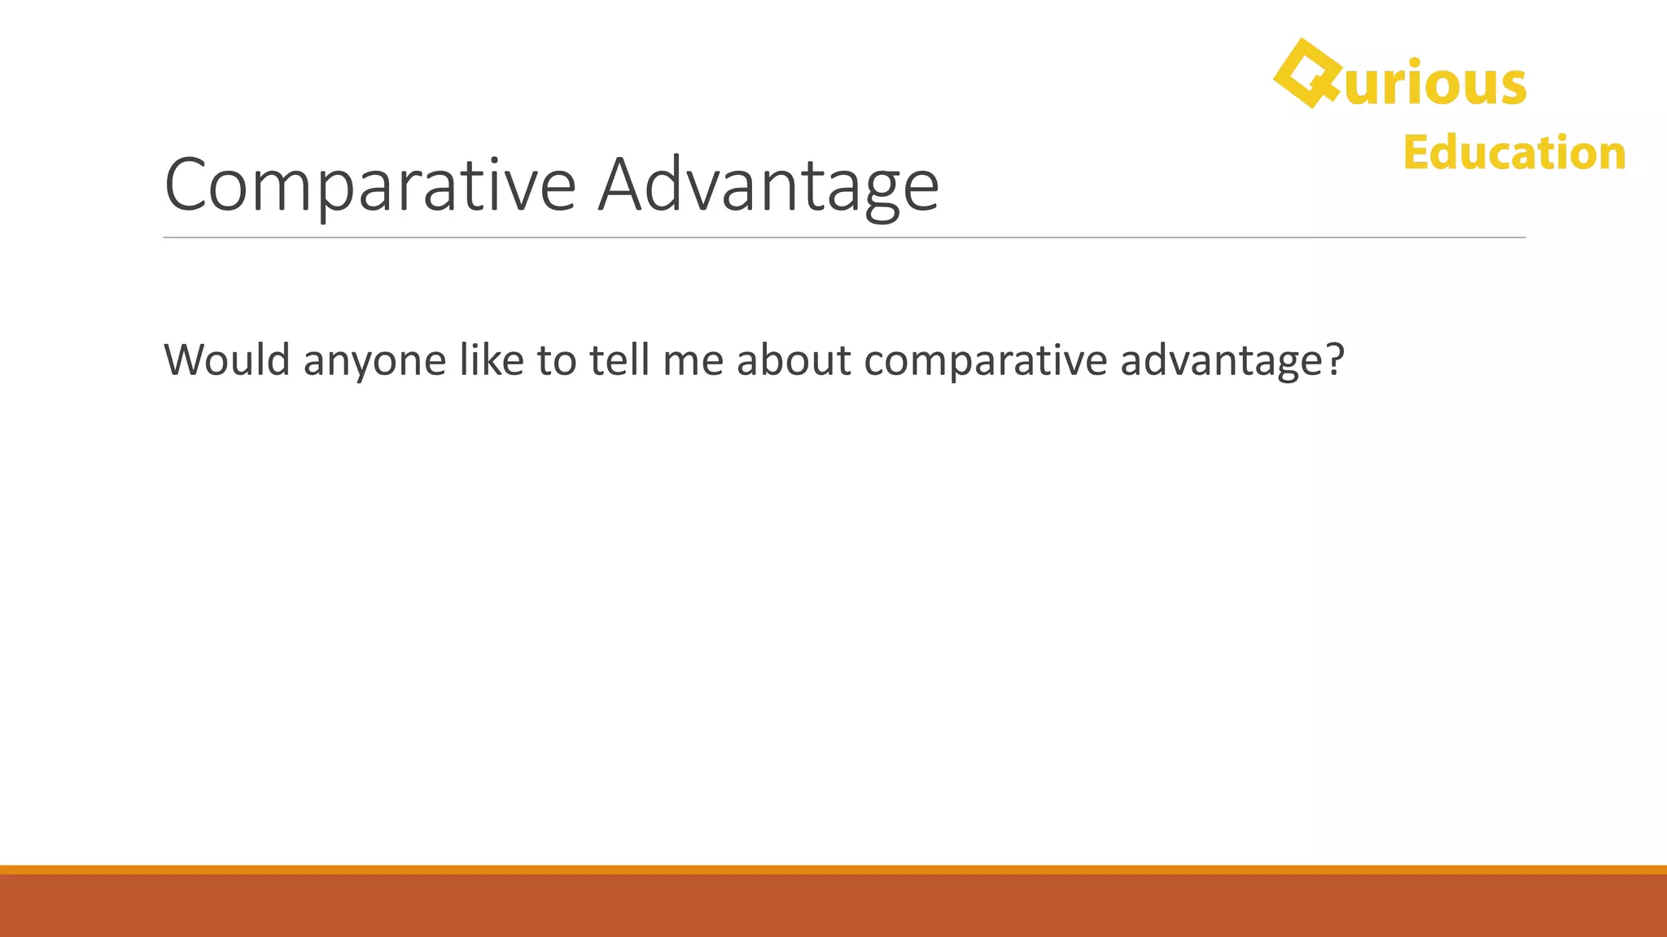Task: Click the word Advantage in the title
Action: pyautogui.click(x=768, y=185)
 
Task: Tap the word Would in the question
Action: pyautogui.click(x=227, y=360)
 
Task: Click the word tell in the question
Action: pyautogui.click(x=619, y=360)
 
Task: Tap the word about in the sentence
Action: pyautogui.click(x=794, y=360)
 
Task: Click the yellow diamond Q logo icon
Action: pyautogui.click(x=1306, y=73)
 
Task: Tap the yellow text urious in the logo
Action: pyautogui.click(x=1435, y=84)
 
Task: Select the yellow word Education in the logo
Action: pyautogui.click(x=1514, y=153)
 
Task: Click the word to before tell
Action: pyautogui.click(x=557, y=360)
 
